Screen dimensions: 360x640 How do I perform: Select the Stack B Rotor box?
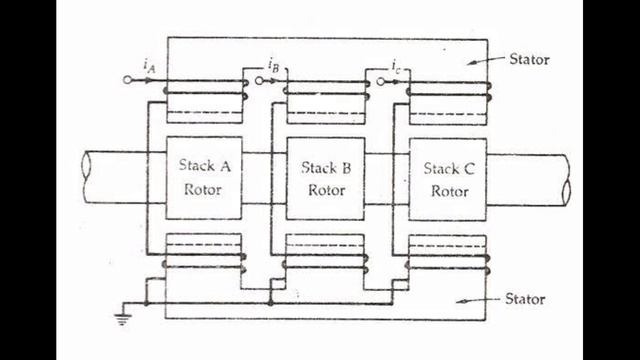[325, 177]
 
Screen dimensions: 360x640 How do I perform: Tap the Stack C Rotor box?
[449, 177]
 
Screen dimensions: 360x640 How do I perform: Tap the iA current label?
[148, 67]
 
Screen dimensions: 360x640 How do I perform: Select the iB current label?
[274, 67]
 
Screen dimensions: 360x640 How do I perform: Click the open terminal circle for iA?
[127, 80]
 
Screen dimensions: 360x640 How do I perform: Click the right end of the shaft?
[566, 178]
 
